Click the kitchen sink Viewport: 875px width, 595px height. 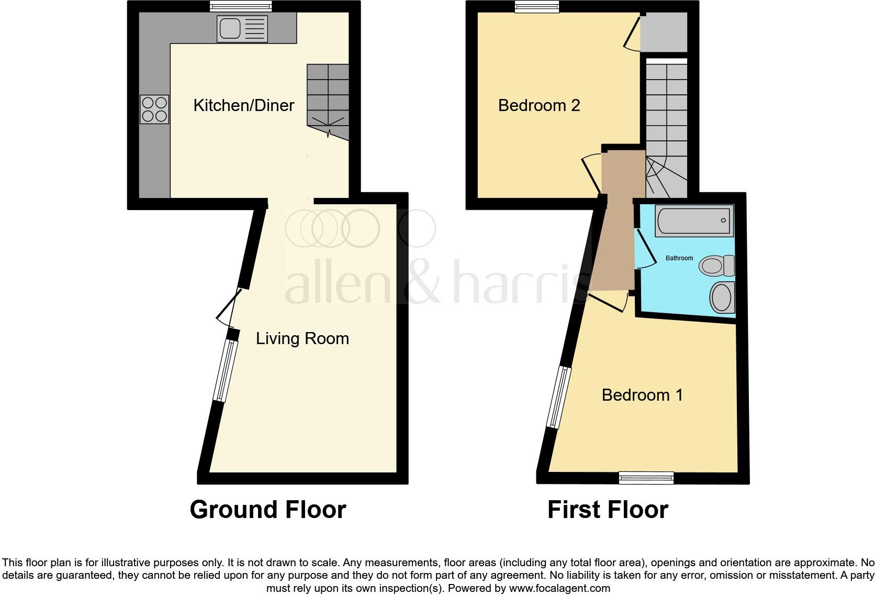coord(241,29)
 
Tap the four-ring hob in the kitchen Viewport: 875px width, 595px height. coord(154,109)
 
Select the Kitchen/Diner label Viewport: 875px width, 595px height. coord(243,105)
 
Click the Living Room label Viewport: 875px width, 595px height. coord(302,338)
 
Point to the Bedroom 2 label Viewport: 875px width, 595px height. coord(539,105)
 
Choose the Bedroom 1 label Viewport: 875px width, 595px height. coord(642,394)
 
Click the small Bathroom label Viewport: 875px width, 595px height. coord(679,258)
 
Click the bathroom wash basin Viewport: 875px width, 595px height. coord(722,298)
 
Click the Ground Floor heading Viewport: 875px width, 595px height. coord(267,509)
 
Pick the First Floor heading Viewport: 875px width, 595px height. coord(607,509)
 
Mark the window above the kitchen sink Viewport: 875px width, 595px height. coord(241,6)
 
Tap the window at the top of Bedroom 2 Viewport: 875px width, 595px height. coord(536,6)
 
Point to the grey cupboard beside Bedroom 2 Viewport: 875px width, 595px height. coord(664,32)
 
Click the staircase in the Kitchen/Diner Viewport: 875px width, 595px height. coord(328,100)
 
